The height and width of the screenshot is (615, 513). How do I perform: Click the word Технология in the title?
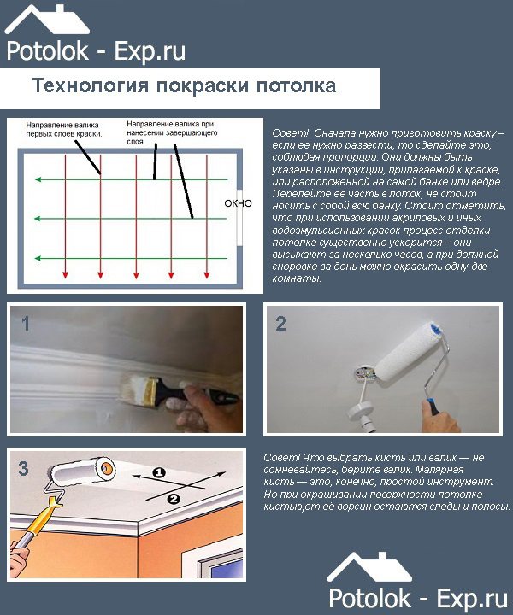click(87, 87)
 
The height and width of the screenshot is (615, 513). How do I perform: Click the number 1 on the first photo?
click(26, 324)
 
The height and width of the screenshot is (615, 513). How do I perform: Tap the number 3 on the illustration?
click(24, 468)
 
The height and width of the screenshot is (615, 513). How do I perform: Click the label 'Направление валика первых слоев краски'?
click(65, 129)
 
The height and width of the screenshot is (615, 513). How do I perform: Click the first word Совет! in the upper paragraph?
click(289, 135)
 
